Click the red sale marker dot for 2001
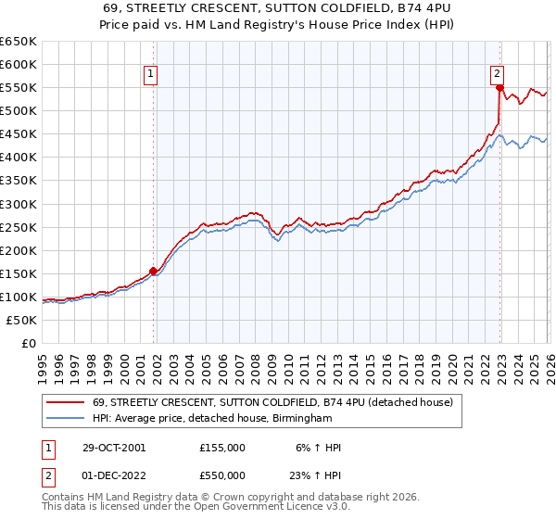pos(154,271)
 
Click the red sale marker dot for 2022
pos(499,88)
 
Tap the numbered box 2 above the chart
pos(497,75)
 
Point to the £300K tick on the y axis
pos(19,204)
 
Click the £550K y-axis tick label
pos(19,88)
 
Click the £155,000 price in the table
pos(222,447)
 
